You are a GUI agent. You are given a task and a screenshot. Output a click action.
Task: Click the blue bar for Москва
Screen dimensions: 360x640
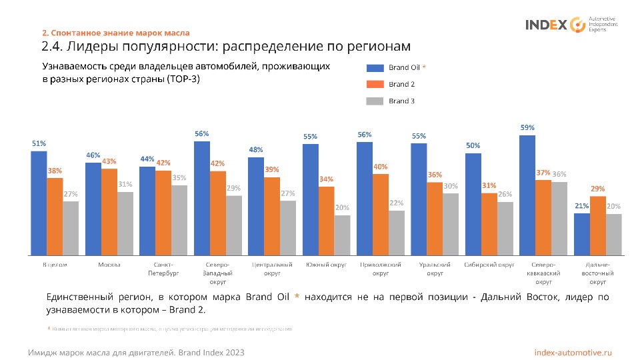click(93, 209)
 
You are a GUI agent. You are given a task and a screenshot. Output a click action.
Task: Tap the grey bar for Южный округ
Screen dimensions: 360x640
click(343, 235)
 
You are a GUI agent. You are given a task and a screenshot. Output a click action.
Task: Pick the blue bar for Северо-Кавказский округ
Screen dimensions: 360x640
click(527, 195)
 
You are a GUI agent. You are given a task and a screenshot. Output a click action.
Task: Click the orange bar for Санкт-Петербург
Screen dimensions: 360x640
click(163, 213)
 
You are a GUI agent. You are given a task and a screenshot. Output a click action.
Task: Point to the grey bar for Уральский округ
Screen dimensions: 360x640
click(451, 224)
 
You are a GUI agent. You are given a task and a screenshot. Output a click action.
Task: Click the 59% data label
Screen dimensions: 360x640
click(527, 127)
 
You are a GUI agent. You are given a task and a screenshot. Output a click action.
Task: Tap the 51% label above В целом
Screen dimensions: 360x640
click(39, 143)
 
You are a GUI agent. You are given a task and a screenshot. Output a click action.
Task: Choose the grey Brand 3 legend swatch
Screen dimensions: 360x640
click(375, 101)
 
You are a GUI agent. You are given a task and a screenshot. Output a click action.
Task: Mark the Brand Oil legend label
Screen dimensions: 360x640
click(403, 67)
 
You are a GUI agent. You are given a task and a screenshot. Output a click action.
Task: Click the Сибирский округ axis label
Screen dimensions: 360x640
click(490, 265)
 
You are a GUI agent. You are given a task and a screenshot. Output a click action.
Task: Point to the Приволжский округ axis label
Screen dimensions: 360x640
click(381, 269)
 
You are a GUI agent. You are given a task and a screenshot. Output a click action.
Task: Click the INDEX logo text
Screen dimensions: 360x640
click(546, 25)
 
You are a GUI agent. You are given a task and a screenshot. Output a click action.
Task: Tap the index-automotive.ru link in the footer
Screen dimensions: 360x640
click(573, 351)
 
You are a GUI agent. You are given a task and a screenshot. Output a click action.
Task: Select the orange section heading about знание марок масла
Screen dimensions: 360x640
click(116, 33)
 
